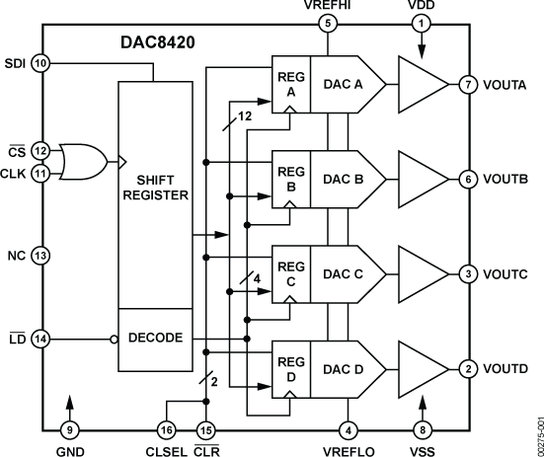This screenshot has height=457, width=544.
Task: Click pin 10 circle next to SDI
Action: pyautogui.click(x=40, y=63)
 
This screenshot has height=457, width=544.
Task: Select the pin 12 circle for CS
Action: pyautogui.click(x=40, y=150)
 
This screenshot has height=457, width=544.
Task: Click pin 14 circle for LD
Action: pyautogui.click(x=40, y=339)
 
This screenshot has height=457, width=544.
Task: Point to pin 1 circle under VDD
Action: pyautogui.click(x=423, y=22)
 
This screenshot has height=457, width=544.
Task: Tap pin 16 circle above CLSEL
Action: pyautogui.click(x=166, y=429)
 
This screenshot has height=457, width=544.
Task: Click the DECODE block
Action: pyautogui.click(x=154, y=338)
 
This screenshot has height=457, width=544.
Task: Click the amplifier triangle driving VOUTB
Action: pyautogui.click(x=421, y=178)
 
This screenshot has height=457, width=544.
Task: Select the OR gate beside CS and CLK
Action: pyautogui.click(x=81, y=159)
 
